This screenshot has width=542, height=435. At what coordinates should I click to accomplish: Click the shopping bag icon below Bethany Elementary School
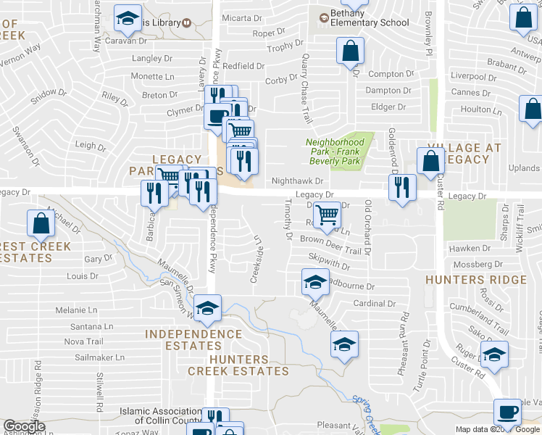(x=350, y=52)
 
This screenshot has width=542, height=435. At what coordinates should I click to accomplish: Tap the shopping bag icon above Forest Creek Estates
(x=41, y=225)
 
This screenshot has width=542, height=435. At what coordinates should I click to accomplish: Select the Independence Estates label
(x=193, y=340)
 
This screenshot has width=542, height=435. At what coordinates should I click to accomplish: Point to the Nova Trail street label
(x=84, y=341)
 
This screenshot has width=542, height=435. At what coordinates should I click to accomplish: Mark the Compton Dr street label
(x=390, y=74)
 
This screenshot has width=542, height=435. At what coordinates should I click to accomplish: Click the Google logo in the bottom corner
(x=24, y=426)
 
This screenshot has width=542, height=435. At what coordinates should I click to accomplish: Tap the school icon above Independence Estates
(x=207, y=310)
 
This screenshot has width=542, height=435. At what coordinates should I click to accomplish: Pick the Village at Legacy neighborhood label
(x=464, y=154)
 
